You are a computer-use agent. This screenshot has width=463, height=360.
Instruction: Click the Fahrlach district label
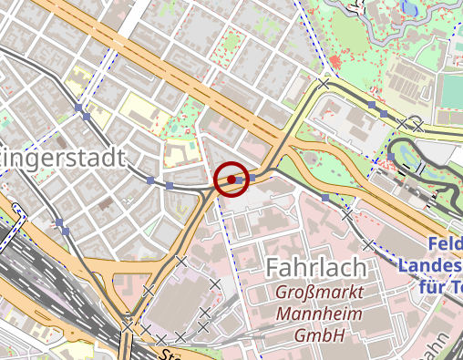pos(315,268)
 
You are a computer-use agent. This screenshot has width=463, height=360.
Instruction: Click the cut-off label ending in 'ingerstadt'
pos(62,159)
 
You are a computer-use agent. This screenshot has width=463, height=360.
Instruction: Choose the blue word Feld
pos(446,245)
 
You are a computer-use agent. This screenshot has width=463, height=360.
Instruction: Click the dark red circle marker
pos(231,180)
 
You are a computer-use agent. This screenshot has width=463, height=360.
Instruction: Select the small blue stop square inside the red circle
pos(231,180)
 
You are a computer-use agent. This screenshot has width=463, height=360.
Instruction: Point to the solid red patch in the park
pos(336,62)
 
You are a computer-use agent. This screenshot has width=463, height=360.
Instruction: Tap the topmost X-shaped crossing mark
pos(324,83)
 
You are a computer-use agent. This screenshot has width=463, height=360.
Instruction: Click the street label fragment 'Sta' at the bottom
pos(170,354)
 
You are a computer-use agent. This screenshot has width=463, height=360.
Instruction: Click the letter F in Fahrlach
pos(273,268)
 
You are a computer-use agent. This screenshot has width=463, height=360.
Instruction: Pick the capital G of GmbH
pos(300,337)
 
